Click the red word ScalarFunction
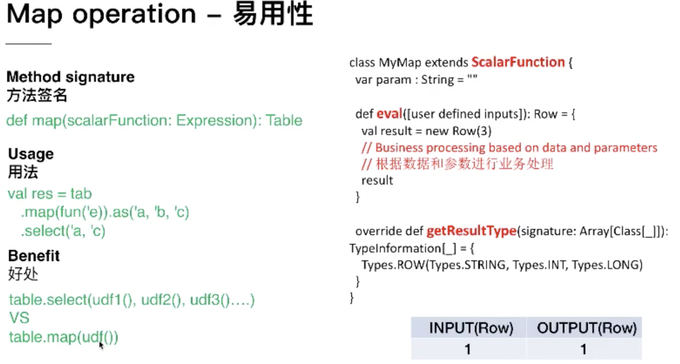click(518, 62)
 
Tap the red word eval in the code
click(390, 114)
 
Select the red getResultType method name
click(472, 231)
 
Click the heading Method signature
click(70, 77)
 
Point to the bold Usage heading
click(31, 154)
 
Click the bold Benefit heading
click(34, 256)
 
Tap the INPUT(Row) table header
click(471, 328)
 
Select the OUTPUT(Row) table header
click(587, 328)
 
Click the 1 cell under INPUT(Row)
click(467, 349)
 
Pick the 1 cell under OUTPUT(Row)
click(584, 349)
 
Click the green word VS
click(19, 318)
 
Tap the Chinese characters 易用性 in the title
click(273, 14)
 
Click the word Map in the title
click(35, 15)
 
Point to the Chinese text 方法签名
click(37, 95)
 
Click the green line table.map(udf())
click(63, 337)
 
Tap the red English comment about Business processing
click(509, 147)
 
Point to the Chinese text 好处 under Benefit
click(23, 274)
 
